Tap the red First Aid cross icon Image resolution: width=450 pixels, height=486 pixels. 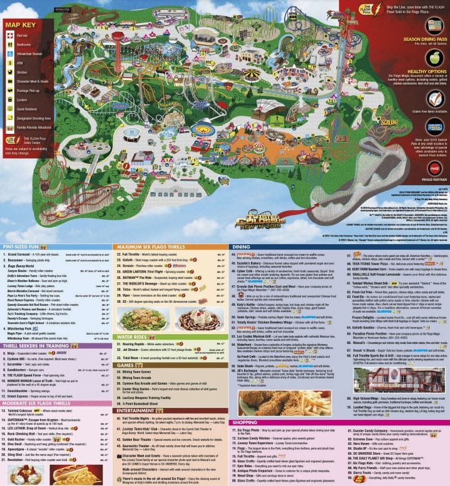(x=10, y=36)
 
